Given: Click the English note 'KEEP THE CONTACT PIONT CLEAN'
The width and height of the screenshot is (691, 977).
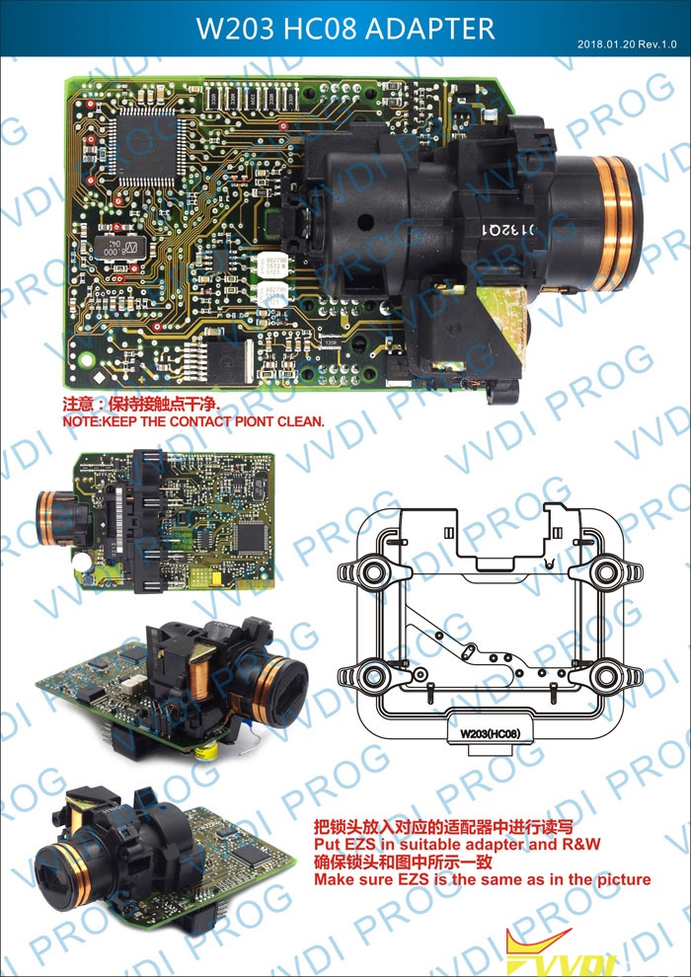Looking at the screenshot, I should pyautogui.click(x=192, y=421).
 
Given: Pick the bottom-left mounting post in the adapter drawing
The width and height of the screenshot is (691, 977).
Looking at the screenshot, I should pyautogui.click(x=374, y=675).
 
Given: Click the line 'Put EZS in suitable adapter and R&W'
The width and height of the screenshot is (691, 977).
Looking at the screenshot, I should pyautogui.click(x=457, y=845).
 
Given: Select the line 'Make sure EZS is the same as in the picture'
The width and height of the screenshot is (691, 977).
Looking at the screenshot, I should pyautogui.click(x=482, y=879).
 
